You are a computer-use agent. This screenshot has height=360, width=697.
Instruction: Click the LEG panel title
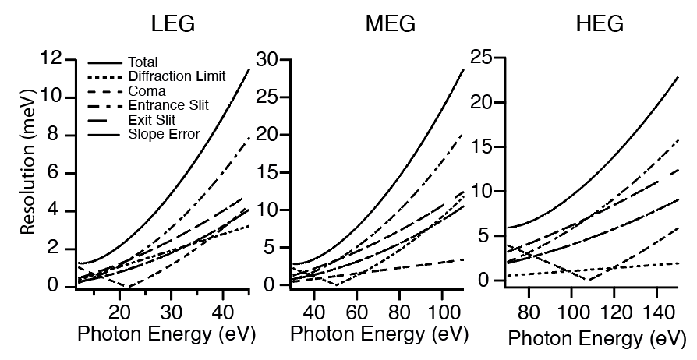[x=171, y=24]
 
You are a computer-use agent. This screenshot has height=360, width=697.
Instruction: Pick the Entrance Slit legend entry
[x=167, y=105]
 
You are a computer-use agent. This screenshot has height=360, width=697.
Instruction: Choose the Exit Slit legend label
[x=153, y=120]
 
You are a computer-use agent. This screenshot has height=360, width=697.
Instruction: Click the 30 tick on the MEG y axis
[x=270, y=58]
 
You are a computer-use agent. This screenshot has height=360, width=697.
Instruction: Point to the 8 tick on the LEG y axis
[x=52, y=135]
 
